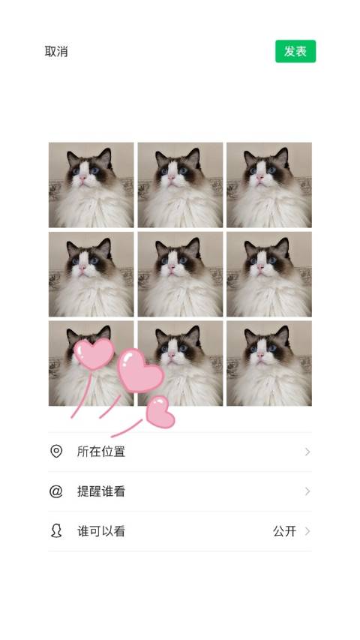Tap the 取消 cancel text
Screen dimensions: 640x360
pyautogui.click(x=56, y=52)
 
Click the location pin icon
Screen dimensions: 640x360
pyautogui.click(x=56, y=451)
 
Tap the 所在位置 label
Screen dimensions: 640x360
pyautogui.click(x=101, y=452)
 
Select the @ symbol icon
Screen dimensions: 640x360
pyautogui.click(x=56, y=491)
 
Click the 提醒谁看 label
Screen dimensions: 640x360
pyautogui.click(x=101, y=491)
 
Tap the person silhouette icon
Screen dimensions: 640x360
pyautogui.click(x=56, y=531)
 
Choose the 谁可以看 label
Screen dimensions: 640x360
pyautogui.click(x=101, y=531)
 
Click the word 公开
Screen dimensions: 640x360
pyautogui.click(x=284, y=531)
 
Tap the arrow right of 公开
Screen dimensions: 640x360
pyautogui.click(x=307, y=531)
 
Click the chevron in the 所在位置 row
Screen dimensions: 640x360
pyautogui.click(x=307, y=452)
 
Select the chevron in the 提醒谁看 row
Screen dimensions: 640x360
pyautogui.click(x=307, y=491)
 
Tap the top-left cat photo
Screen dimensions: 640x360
pyautogui.click(x=91, y=185)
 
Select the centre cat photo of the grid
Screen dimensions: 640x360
pyautogui.click(x=180, y=274)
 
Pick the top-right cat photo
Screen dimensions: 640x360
pyautogui.click(x=269, y=185)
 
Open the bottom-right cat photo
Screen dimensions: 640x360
pyautogui.click(x=269, y=363)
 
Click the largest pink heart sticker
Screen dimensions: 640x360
pyautogui.click(x=140, y=370)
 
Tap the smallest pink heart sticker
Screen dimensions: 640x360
pyautogui.click(x=160, y=412)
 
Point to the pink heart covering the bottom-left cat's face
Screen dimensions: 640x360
pyautogui.click(x=94, y=353)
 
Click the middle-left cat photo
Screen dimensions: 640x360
pyautogui.click(x=91, y=274)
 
